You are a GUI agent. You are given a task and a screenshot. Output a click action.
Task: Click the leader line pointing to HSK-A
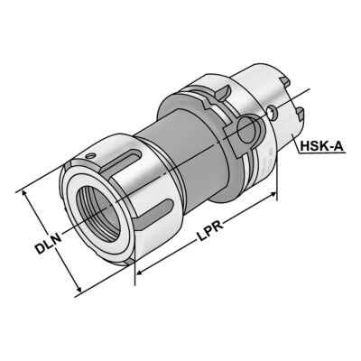(x=287, y=149)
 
